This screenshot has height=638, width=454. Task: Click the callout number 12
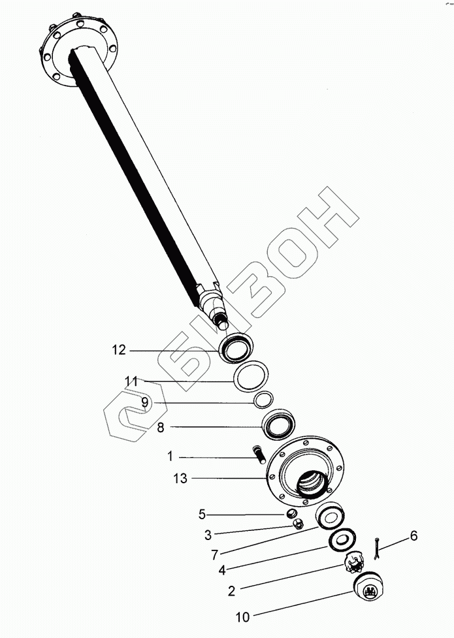118,351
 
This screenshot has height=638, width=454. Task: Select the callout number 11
131,381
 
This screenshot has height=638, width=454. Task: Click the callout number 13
180,479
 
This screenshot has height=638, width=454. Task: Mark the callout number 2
231,592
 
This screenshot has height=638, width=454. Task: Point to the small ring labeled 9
263,399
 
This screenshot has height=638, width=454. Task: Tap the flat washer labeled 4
342,539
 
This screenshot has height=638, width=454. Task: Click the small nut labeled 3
294,525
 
